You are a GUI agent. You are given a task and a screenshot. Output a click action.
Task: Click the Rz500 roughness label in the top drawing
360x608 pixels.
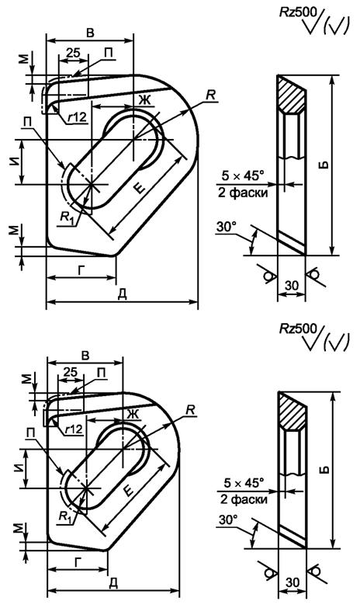pos(299,12)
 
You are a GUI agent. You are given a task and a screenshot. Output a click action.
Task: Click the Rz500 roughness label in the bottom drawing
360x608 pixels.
pos(299,328)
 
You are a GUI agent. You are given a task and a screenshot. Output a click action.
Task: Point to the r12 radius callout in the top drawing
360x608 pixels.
pos(76,117)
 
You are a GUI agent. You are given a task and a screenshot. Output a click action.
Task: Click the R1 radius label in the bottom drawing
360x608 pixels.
pos(64,516)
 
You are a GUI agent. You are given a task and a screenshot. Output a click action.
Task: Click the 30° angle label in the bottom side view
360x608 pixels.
pos(228,520)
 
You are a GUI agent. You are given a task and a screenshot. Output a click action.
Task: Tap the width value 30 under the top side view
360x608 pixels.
pos(292,286)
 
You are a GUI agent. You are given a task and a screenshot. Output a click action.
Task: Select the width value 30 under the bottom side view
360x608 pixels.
pos(292,582)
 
